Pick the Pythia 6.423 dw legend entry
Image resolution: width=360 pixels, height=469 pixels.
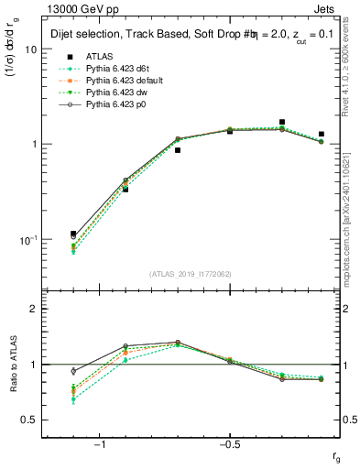[x=116, y=93]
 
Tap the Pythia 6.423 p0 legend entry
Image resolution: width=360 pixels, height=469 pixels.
[x=115, y=104]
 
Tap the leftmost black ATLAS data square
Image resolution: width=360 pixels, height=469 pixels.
[x=73, y=234]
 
